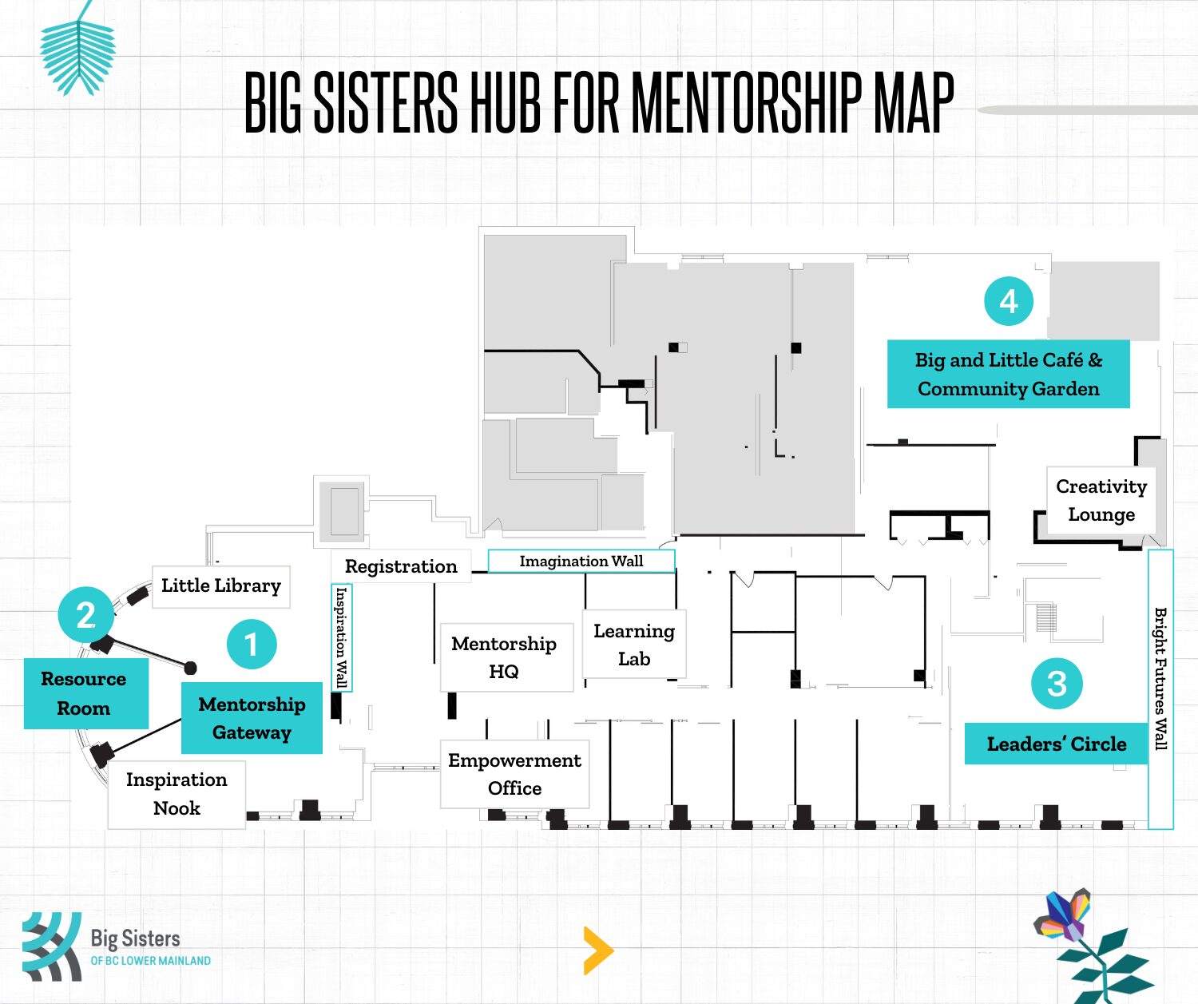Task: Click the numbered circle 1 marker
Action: pos(252,644)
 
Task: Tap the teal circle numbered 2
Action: pos(86,614)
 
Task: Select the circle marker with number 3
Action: pos(1057,683)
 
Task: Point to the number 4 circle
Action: pos(1009,301)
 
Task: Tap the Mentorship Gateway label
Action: pos(252,718)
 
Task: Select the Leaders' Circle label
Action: pos(1057,744)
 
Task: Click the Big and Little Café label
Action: pos(1009,374)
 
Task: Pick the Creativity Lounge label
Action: pos(1101,500)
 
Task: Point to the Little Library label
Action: pos(221,586)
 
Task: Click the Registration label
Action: pos(400,566)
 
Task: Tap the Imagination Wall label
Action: pos(581,561)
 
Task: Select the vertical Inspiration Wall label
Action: pos(341,637)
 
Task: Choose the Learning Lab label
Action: pos(634,645)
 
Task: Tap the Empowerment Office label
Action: pos(514,774)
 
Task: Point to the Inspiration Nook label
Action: pos(177,794)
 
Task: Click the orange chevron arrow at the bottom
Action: pos(598,950)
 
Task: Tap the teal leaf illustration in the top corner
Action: pos(78,54)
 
